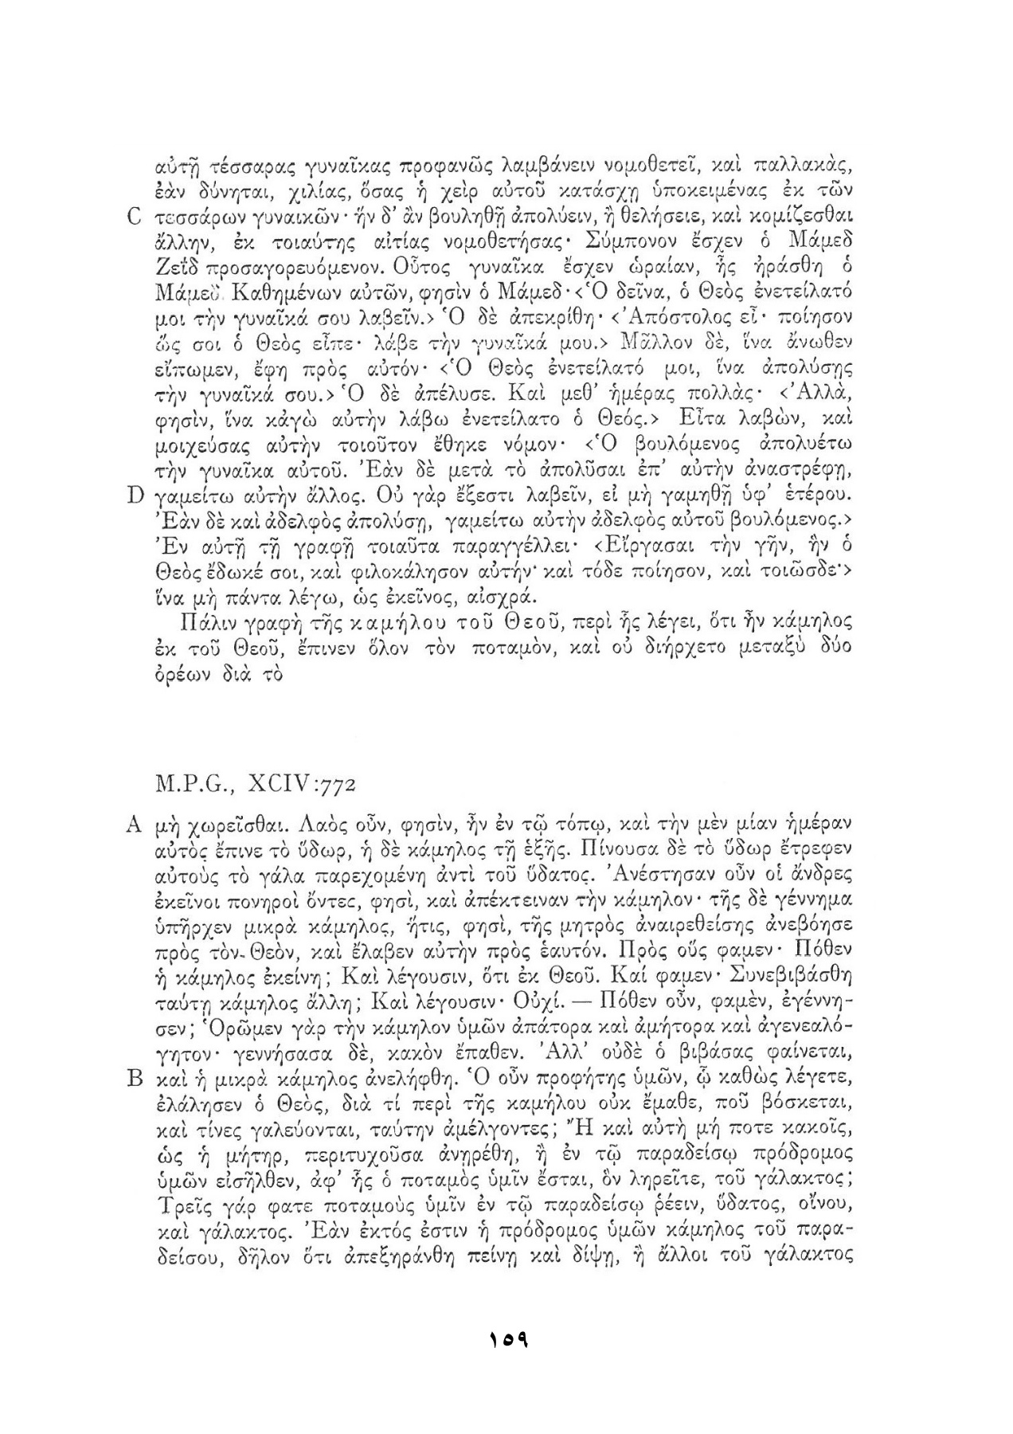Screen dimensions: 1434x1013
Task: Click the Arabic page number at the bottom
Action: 507,1338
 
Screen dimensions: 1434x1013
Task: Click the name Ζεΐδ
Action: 170,263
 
